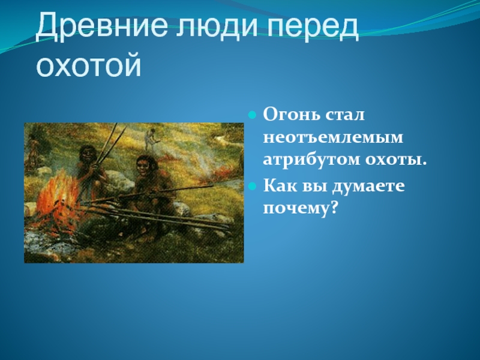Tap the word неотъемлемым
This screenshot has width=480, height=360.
333,138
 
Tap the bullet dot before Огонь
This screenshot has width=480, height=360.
252,115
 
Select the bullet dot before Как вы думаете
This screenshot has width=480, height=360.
252,185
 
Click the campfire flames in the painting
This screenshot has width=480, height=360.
58,196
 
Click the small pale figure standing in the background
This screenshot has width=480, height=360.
151,139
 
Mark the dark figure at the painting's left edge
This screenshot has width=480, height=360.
32,153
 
